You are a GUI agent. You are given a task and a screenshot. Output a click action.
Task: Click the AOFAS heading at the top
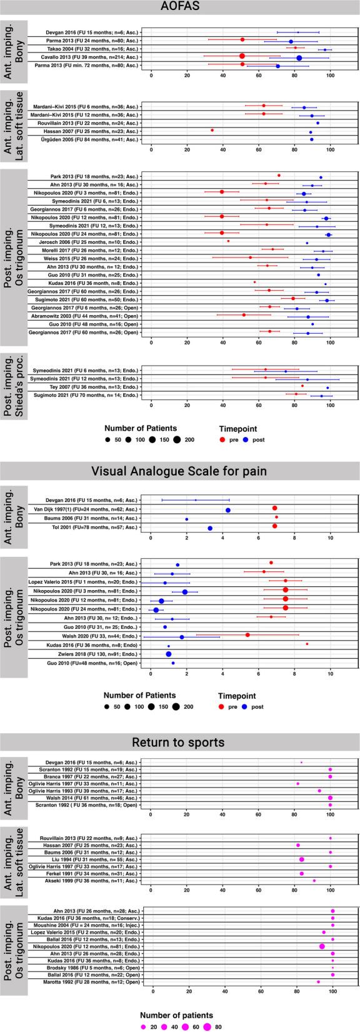point(180,9)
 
